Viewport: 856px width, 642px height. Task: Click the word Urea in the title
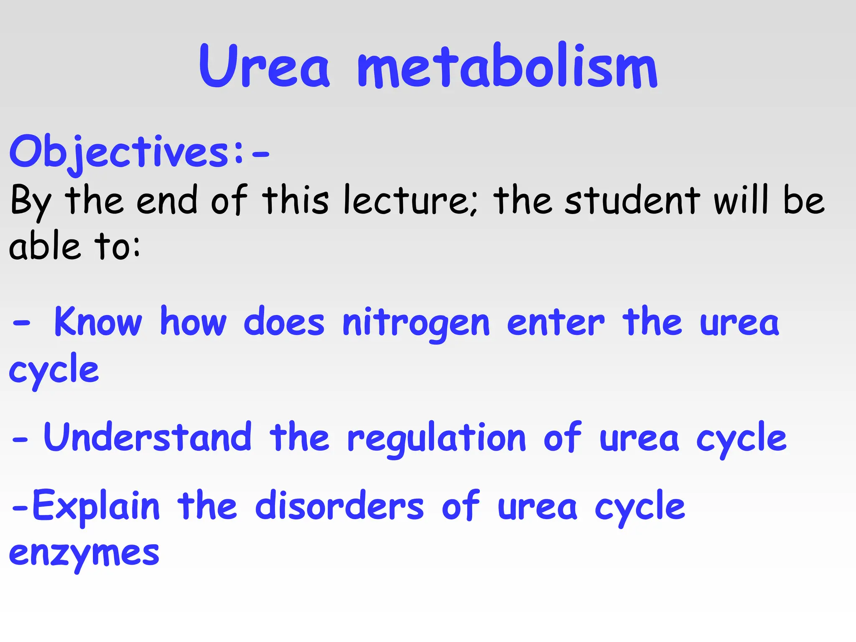click(x=264, y=67)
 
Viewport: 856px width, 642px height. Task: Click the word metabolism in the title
click(x=507, y=67)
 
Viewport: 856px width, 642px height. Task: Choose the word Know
click(x=98, y=322)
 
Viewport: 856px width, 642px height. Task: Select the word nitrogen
click(x=416, y=324)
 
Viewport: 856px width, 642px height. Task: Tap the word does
click(x=284, y=322)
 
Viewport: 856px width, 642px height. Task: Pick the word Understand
click(x=148, y=438)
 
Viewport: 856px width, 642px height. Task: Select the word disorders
click(x=339, y=507)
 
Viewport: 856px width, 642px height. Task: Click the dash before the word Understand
click(x=20, y=440)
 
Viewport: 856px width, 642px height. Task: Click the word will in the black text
click(x=741, y=201)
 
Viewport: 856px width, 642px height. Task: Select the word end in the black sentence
click(x=166, y=201)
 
